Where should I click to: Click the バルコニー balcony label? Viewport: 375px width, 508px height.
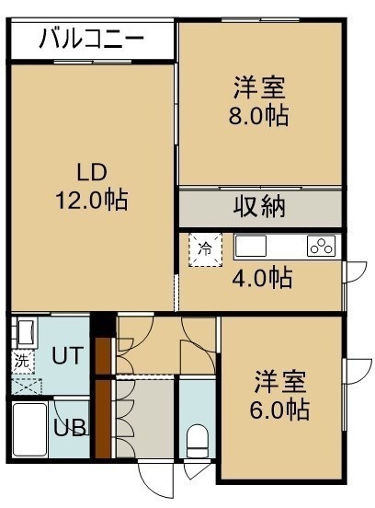point(92,39)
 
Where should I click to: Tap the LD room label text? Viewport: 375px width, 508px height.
point(92,172)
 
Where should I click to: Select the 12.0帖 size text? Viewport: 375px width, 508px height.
point(92,201)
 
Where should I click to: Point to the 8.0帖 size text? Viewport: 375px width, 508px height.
point(259,116)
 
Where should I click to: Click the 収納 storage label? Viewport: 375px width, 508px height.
point(259,206)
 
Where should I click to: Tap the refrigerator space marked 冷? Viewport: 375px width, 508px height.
point(206,249)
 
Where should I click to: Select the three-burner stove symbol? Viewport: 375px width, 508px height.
point(322,247)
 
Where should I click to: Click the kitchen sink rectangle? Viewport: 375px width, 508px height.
point(251,247)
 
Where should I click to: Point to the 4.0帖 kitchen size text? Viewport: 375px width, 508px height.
point(262,278)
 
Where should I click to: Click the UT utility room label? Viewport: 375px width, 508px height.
point(68,355)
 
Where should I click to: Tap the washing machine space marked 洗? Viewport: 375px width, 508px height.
point(23,362)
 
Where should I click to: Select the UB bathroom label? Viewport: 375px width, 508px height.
point(70,428)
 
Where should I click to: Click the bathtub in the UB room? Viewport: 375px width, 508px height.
point(29,430)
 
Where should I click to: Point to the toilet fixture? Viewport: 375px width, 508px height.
point(198,441)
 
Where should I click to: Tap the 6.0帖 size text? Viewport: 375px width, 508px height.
point(279,410)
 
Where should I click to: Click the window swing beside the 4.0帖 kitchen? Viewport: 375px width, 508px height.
point(355,271)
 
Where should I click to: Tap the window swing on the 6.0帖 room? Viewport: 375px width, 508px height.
point(358,371)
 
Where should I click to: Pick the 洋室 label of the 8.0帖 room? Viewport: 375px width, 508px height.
point(259,87)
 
